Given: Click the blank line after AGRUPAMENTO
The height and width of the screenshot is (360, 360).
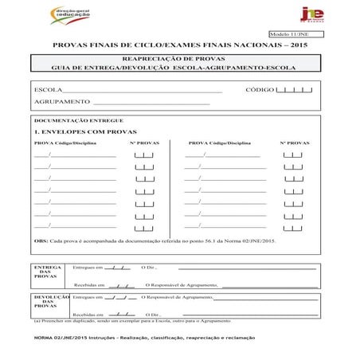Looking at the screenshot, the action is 151,103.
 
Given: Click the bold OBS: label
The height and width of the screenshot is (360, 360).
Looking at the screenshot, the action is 41,240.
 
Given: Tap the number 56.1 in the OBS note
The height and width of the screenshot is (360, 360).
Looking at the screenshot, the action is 218,240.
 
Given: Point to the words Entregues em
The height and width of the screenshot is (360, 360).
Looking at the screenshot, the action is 88,268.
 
